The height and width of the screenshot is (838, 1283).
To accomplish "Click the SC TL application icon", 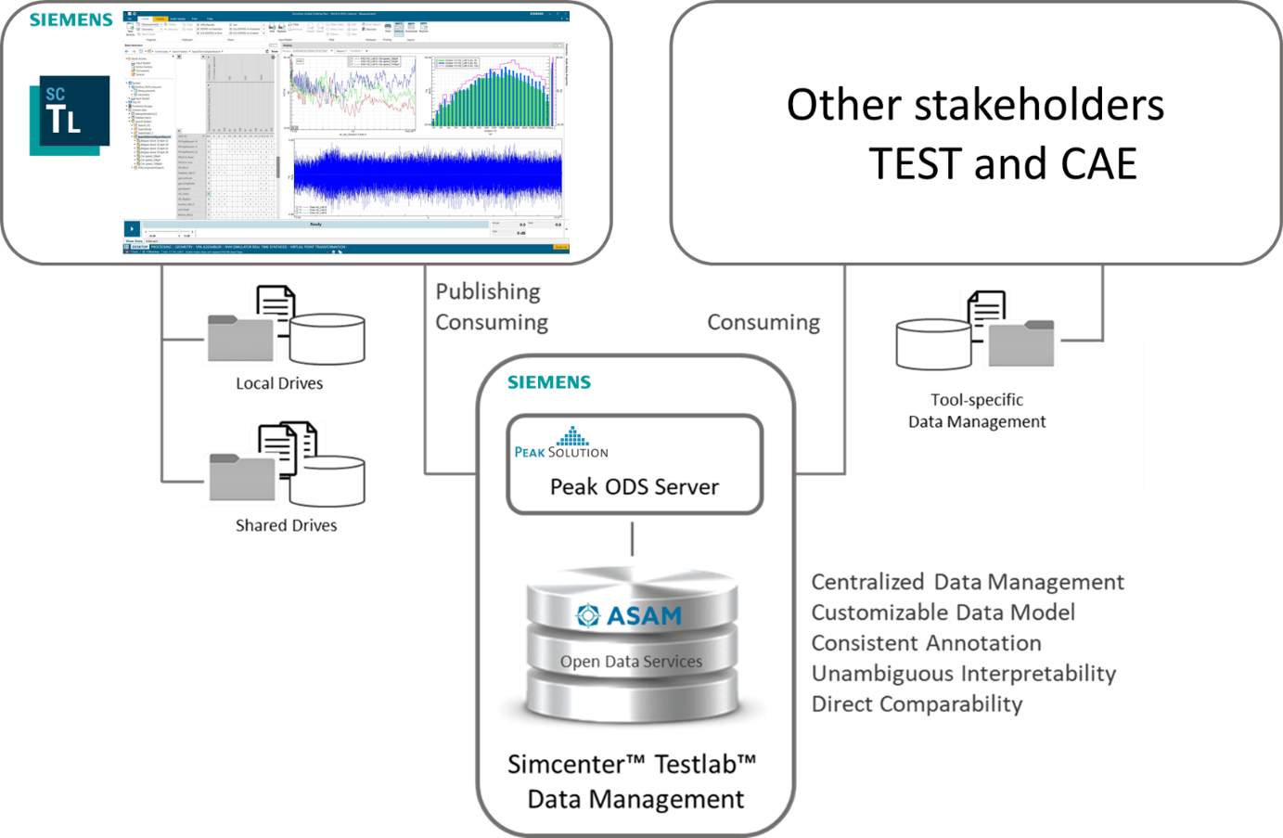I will point(70,115).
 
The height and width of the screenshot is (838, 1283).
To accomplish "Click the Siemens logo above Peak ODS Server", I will point(548,382).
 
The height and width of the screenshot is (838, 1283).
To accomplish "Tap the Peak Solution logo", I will point(561,445).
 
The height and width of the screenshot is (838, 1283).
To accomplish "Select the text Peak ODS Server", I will point(635,487).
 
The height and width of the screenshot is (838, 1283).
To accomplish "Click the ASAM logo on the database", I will point(630,615).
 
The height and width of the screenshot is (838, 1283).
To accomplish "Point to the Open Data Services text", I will point(631,662).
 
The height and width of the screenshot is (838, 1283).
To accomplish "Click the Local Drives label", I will point(279,383).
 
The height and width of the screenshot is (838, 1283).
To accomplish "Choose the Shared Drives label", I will point(286,525).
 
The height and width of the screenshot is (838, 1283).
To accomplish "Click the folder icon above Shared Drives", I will point(242,477).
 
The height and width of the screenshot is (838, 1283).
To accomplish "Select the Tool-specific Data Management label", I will point(977,411).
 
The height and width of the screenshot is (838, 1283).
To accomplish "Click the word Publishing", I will point(488,291).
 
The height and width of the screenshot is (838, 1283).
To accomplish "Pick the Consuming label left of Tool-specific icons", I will point(763,322).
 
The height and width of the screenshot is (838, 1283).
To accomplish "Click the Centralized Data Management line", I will point(968,582).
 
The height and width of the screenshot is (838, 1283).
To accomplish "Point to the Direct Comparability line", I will point(917,703).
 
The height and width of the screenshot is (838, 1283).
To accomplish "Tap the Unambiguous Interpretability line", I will point(963,673).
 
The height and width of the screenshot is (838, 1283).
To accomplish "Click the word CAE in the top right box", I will point(1098,163).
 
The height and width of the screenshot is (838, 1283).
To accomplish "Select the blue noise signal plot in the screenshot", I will point(428,176).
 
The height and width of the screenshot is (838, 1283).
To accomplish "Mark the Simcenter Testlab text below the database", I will point(632,764).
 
